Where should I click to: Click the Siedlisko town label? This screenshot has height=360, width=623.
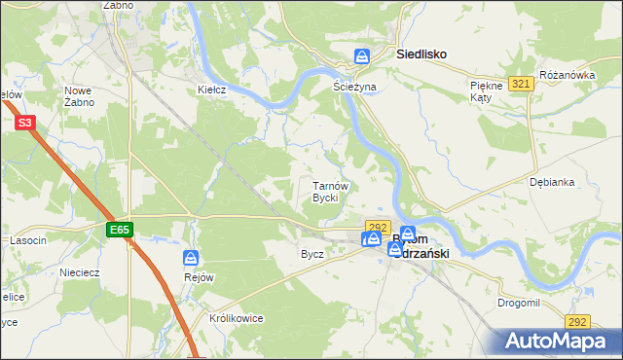421,55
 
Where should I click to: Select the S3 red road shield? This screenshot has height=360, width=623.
25,124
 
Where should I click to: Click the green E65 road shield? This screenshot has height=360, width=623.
120,230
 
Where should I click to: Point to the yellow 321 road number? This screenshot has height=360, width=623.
521,85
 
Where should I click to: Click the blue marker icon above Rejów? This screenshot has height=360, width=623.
191,258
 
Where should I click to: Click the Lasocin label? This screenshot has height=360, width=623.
28,240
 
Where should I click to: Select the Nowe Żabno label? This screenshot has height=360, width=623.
79,96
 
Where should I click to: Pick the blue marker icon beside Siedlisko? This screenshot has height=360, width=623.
362,56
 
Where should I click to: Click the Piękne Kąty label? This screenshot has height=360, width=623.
484,91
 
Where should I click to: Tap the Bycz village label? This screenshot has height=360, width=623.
312,254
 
